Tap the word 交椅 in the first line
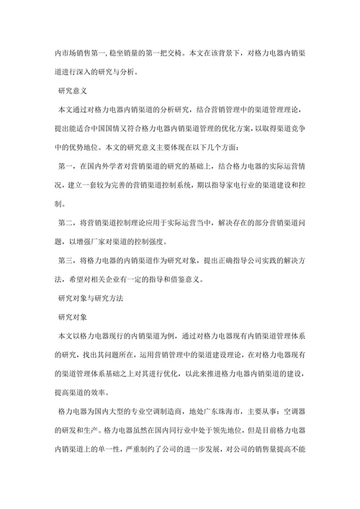pos(174,53)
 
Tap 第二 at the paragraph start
pos(64,222)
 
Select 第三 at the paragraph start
pos(64,259)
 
